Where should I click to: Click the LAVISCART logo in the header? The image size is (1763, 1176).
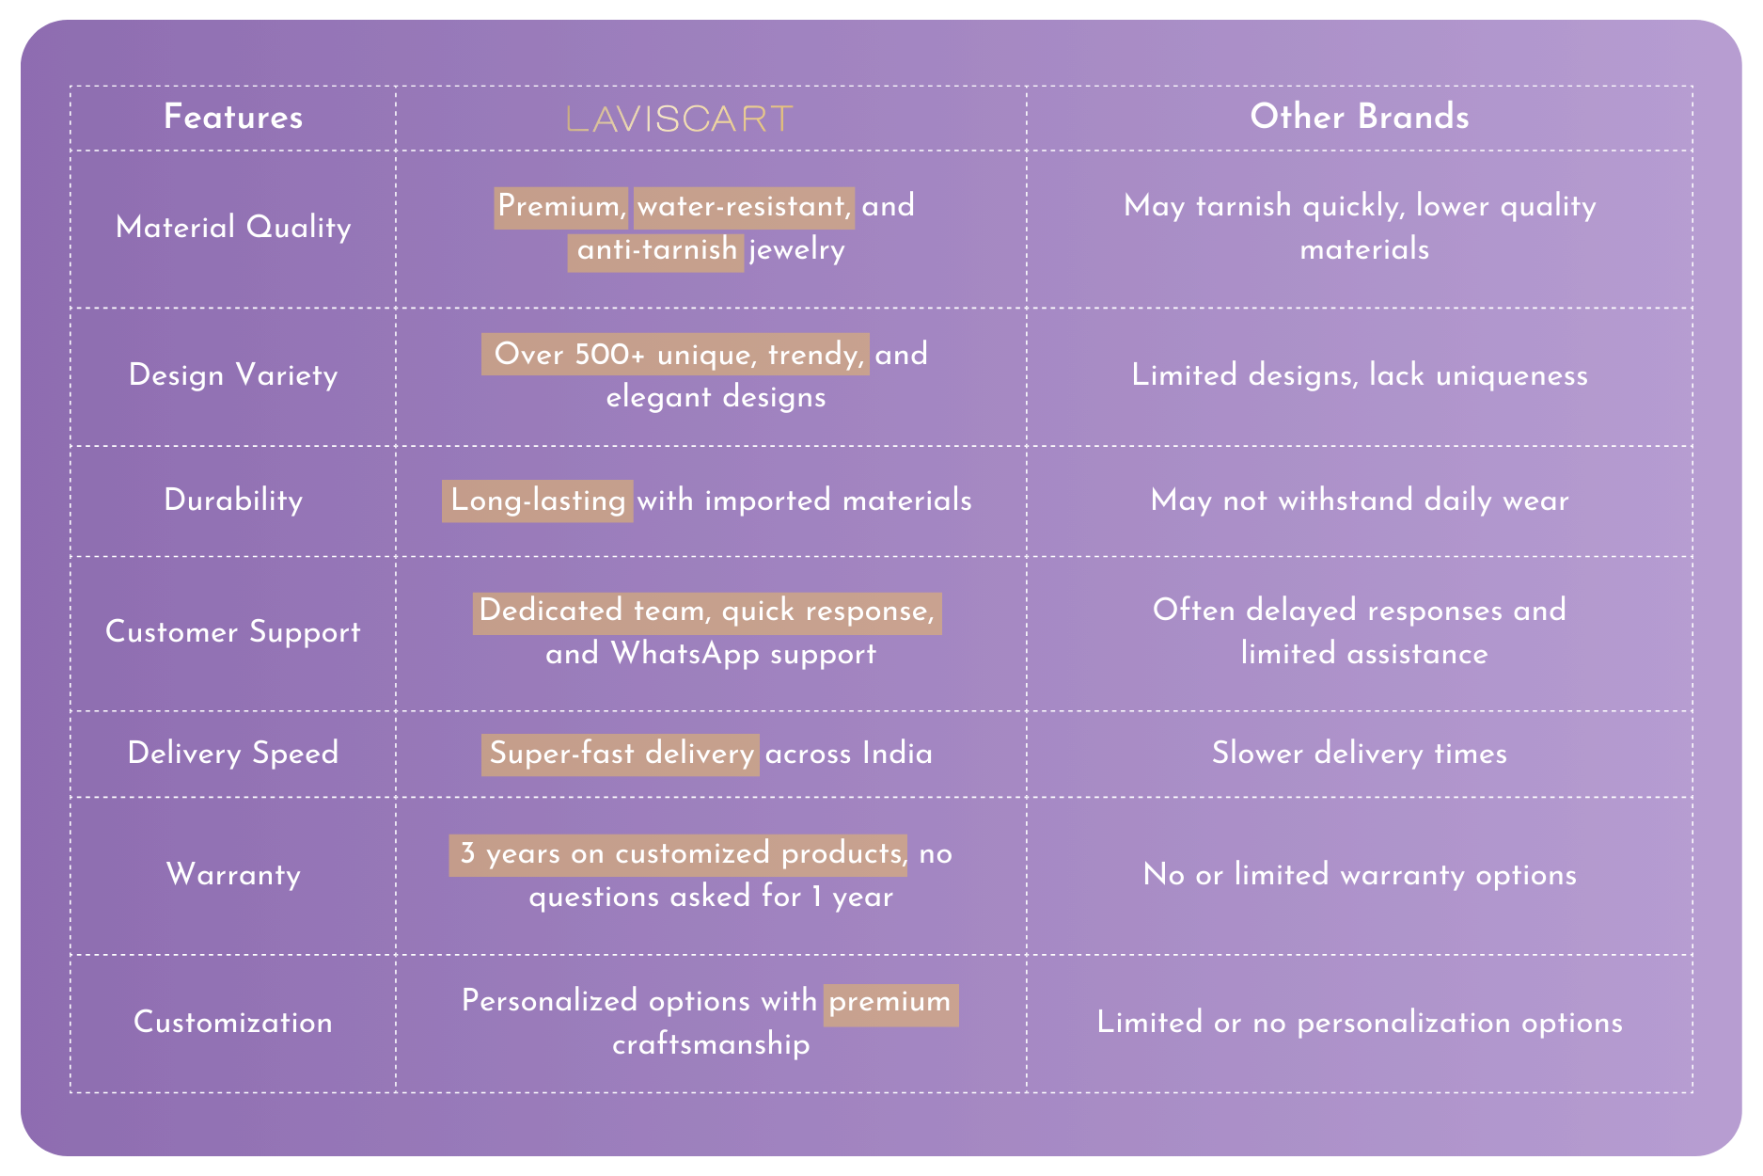[x=680, y=119]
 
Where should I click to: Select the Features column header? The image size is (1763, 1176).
[x=233, y=117]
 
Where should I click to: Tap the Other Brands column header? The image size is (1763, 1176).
[x=1360, y=117]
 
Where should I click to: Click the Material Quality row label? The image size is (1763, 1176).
[x=233, y=228]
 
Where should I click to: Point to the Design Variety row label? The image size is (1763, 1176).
[x=233, y=375]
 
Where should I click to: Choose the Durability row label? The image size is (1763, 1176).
[x=233, y=500]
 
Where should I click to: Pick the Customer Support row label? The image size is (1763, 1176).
[x=233, y=632]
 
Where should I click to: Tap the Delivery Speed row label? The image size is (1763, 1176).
[x=233, y=754]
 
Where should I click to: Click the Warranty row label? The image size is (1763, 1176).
[x=233, y=875]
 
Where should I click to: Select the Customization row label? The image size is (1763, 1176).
[x=233, y=1023]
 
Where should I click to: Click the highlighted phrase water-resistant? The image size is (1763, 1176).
[x=744, y=207]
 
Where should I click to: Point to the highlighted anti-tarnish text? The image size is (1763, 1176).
[x=656, y=250]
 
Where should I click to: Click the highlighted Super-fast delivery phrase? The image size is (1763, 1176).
[x=621, y=755]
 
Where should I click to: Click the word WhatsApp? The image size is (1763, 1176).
[x=685, y=655]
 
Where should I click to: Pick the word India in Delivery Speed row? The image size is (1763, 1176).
[x=897, y=754]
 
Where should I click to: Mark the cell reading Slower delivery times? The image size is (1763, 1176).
[x=1360, y=754]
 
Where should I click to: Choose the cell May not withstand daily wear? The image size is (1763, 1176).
[x=1360, y=501]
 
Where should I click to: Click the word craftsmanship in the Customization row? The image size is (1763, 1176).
[x=711, y=1044]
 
